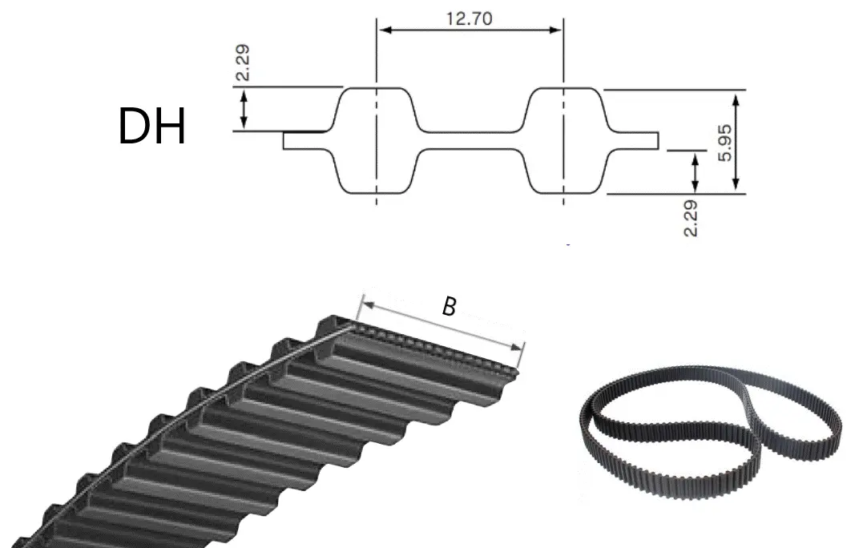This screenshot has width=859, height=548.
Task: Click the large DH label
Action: click(x=151, y=127)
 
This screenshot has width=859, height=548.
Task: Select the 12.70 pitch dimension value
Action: click(x=470, y=18)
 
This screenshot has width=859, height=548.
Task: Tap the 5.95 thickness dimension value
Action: click(x=724, y=143)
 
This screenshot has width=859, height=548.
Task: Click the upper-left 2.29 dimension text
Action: click(x=243, y=63)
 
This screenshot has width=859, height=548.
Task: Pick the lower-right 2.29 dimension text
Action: click(x=691, y=218)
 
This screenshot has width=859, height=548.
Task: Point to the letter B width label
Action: click(x=450, y=307)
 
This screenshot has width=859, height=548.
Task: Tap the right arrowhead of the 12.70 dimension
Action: click(x=555, y=30)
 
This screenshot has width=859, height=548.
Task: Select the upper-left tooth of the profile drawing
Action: click(x=376, y=110)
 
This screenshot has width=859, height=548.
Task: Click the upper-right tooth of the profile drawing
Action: click(x=564, y=110)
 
